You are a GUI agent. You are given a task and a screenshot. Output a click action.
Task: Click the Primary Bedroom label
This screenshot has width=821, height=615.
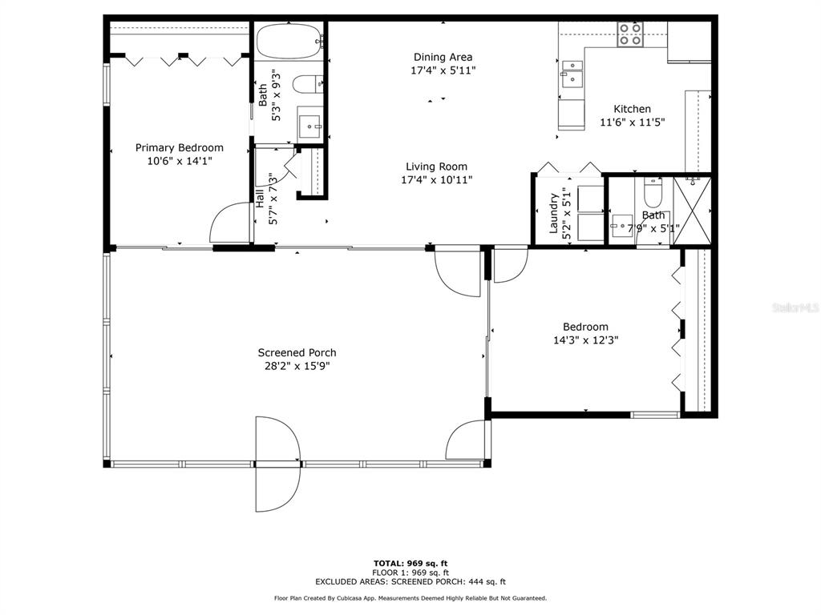tap(180, 148)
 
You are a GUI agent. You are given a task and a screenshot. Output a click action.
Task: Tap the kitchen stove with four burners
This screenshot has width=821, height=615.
tap(630, 34)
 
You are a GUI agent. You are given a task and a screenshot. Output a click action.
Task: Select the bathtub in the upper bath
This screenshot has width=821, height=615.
tap(289, 42)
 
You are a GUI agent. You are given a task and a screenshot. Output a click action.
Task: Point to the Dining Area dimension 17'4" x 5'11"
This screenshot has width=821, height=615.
tap(443, 70)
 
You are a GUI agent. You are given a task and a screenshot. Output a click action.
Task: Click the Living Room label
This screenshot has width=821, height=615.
tap(437, 167)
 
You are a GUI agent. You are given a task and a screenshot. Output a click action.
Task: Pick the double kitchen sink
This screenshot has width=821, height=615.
tap(572, 74)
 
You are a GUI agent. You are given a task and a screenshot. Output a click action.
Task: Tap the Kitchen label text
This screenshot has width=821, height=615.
tap(633, 109)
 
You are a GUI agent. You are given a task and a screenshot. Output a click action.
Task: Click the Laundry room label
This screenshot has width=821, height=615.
tap(553, 213)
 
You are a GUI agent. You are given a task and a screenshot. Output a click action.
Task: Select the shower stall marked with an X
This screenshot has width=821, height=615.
tap(692, 211)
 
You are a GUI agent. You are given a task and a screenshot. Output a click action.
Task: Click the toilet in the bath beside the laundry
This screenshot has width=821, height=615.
tap(653, 192)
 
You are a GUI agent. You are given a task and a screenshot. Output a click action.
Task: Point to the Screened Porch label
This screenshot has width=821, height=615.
tap(297, 353)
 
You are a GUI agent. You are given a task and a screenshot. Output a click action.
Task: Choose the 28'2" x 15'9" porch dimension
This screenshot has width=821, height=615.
tap(297, 366)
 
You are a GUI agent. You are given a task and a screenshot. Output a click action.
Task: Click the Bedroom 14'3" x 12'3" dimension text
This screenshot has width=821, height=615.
tap(586, 340)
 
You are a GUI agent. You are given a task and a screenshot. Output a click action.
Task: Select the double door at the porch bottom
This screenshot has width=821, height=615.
tap(278, 464)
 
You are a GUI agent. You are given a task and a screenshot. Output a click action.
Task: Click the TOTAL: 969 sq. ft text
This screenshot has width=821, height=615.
tap(410, 563)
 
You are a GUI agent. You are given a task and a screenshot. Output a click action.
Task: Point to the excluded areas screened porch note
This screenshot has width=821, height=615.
tap(410, 581)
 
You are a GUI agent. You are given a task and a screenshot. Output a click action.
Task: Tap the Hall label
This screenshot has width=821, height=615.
tap(260, 199)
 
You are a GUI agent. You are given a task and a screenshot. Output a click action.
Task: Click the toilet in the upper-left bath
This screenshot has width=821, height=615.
tap(307, 84)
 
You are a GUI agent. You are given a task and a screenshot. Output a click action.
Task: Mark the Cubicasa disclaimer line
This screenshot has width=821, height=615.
tap(410, 598)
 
